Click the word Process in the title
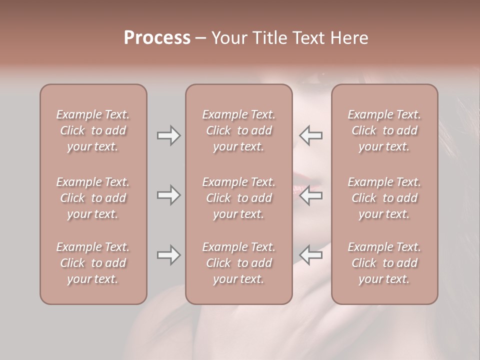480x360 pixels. [157, 38]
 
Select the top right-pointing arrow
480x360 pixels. [168, 135]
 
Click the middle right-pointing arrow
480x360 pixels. [168, 195]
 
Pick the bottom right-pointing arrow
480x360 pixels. [168, 255]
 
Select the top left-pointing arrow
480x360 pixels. [311, 135]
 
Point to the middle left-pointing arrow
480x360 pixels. [311, 195]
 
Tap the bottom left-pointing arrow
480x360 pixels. [311, 255]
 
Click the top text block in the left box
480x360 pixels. [93, 130]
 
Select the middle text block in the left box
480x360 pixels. [93, 198]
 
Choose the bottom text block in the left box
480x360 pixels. [93, 263]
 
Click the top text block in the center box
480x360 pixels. [239, 130]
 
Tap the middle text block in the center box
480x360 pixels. [239, 198]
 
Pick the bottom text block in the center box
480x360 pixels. [239, 263]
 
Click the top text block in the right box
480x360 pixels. [384, 130]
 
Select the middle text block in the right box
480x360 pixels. [384, 198]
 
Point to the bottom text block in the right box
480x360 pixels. [384, 263]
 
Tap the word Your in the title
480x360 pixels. [229, 38]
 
